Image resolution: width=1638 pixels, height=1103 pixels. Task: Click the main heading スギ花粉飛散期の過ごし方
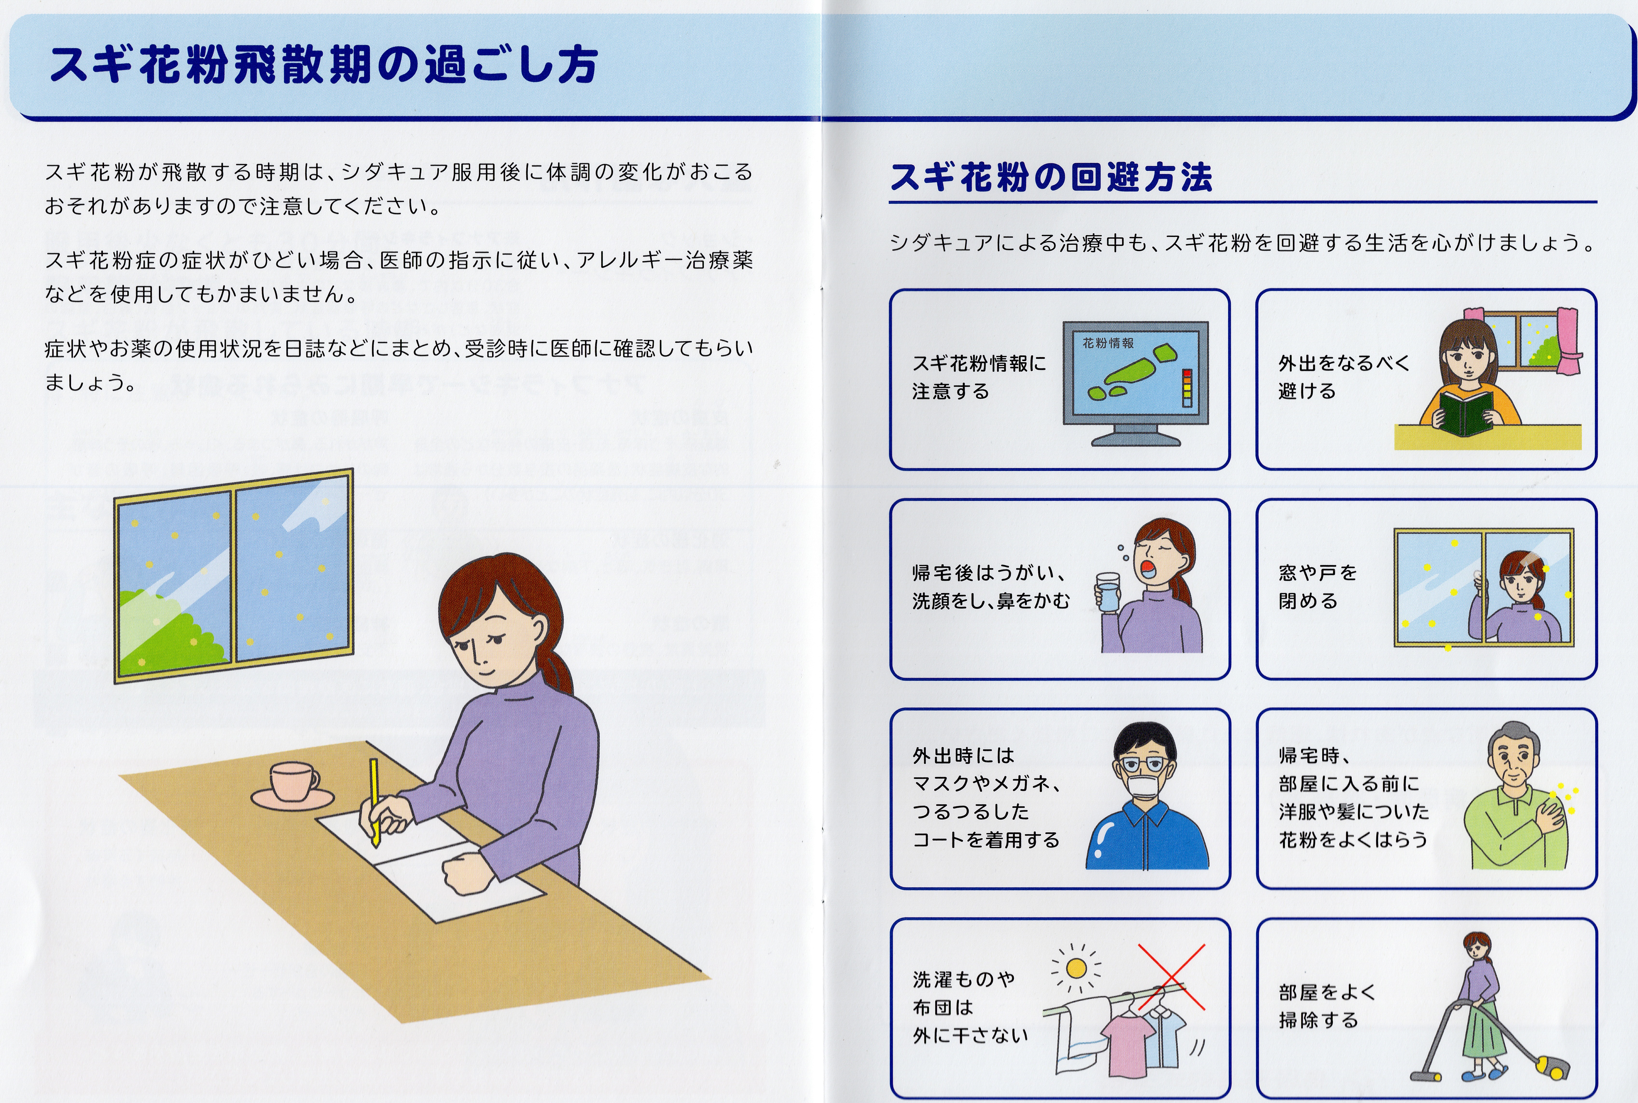point(324,65)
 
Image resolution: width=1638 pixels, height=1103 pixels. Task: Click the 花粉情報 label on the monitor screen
point(1108,343)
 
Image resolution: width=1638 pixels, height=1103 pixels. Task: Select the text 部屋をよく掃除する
point(1327,1006)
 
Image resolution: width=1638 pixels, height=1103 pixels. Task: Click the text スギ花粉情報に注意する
point(979,377)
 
